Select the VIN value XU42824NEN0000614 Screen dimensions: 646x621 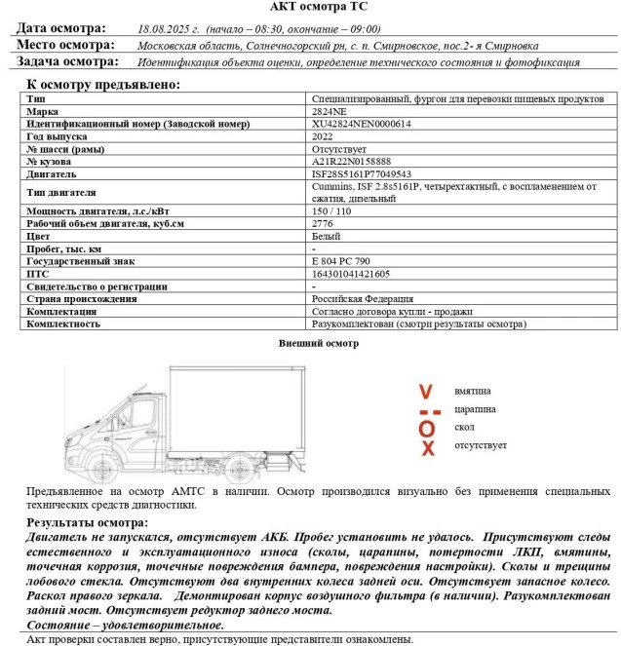click(361, 125)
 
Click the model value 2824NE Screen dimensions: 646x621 click(328, 112)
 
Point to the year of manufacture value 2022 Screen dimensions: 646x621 click(323, 137)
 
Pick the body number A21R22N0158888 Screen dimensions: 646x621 click(352, 162)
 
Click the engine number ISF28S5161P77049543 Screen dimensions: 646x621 click(360, 174)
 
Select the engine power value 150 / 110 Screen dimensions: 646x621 click(331, 211)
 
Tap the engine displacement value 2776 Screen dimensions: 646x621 click(323, 224)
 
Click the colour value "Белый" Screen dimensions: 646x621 click(326, 237)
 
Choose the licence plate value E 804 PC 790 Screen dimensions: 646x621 click(341, 262)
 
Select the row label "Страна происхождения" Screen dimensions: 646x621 click(82, 299)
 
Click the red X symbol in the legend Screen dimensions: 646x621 click(426, 447)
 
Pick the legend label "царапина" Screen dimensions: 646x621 click(475, 409)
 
